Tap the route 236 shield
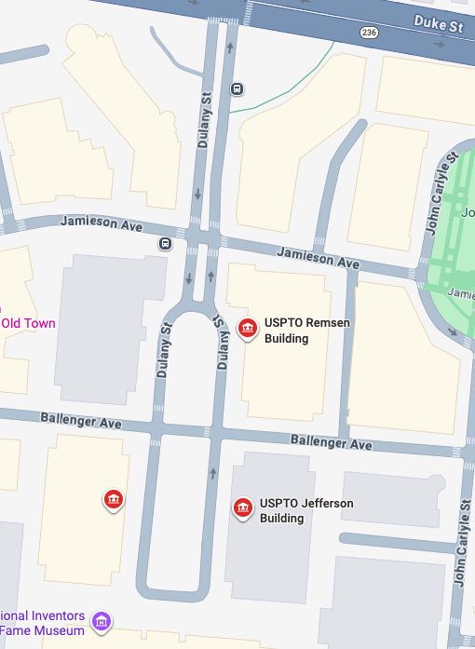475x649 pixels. (x=369, y=33)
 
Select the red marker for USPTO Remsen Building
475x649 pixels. (x=248, y=329)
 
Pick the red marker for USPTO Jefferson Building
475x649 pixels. (x=243, y=507)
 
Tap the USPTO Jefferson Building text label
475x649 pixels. (x=306, y=510)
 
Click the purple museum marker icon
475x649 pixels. (x=102, y=619)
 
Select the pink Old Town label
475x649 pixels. (x=28, y=324)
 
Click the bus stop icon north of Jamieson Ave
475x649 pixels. (x=237, y=89)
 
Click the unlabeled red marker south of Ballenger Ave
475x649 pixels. (x=114, y=500)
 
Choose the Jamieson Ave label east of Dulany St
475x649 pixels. (x=319, y=258)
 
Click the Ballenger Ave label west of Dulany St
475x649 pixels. (x=81, y=421)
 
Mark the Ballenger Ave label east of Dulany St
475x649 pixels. (x=331, y=441)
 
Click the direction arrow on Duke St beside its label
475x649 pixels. (x=440, y=42)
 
